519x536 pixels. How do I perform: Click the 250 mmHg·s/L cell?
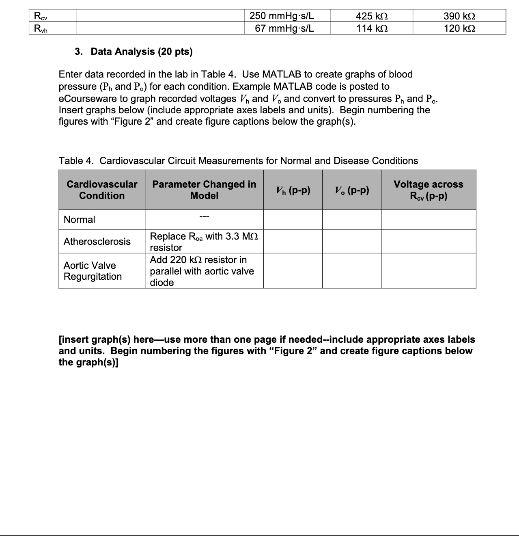pos(282,16)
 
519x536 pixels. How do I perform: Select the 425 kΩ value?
pos(371,16)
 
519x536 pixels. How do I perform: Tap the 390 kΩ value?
pos(459,16)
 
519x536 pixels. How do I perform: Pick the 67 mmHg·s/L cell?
pos(284,28)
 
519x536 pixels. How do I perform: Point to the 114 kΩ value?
pos(371,28)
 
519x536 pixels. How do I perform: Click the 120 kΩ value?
pos(459,28)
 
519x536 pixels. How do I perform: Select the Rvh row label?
pos(41,28)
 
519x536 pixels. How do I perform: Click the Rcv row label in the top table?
pos(41,16)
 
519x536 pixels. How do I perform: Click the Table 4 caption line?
pos(238,161)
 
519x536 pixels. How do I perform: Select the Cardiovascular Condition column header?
pos(102,190)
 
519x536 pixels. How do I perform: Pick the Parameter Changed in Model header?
pos(204,190)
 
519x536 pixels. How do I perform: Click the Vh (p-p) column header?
pos(293,190)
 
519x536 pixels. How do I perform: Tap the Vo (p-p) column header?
pos(352,190)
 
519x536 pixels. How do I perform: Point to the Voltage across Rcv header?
pos(429,190)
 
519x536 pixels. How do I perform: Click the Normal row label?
pos(80,220)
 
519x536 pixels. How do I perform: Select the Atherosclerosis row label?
pos(97,242)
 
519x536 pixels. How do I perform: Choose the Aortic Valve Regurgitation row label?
pos(93,271)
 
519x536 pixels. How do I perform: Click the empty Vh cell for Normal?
pos(293,220)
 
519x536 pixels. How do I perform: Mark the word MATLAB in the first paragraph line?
pos(282,74)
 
